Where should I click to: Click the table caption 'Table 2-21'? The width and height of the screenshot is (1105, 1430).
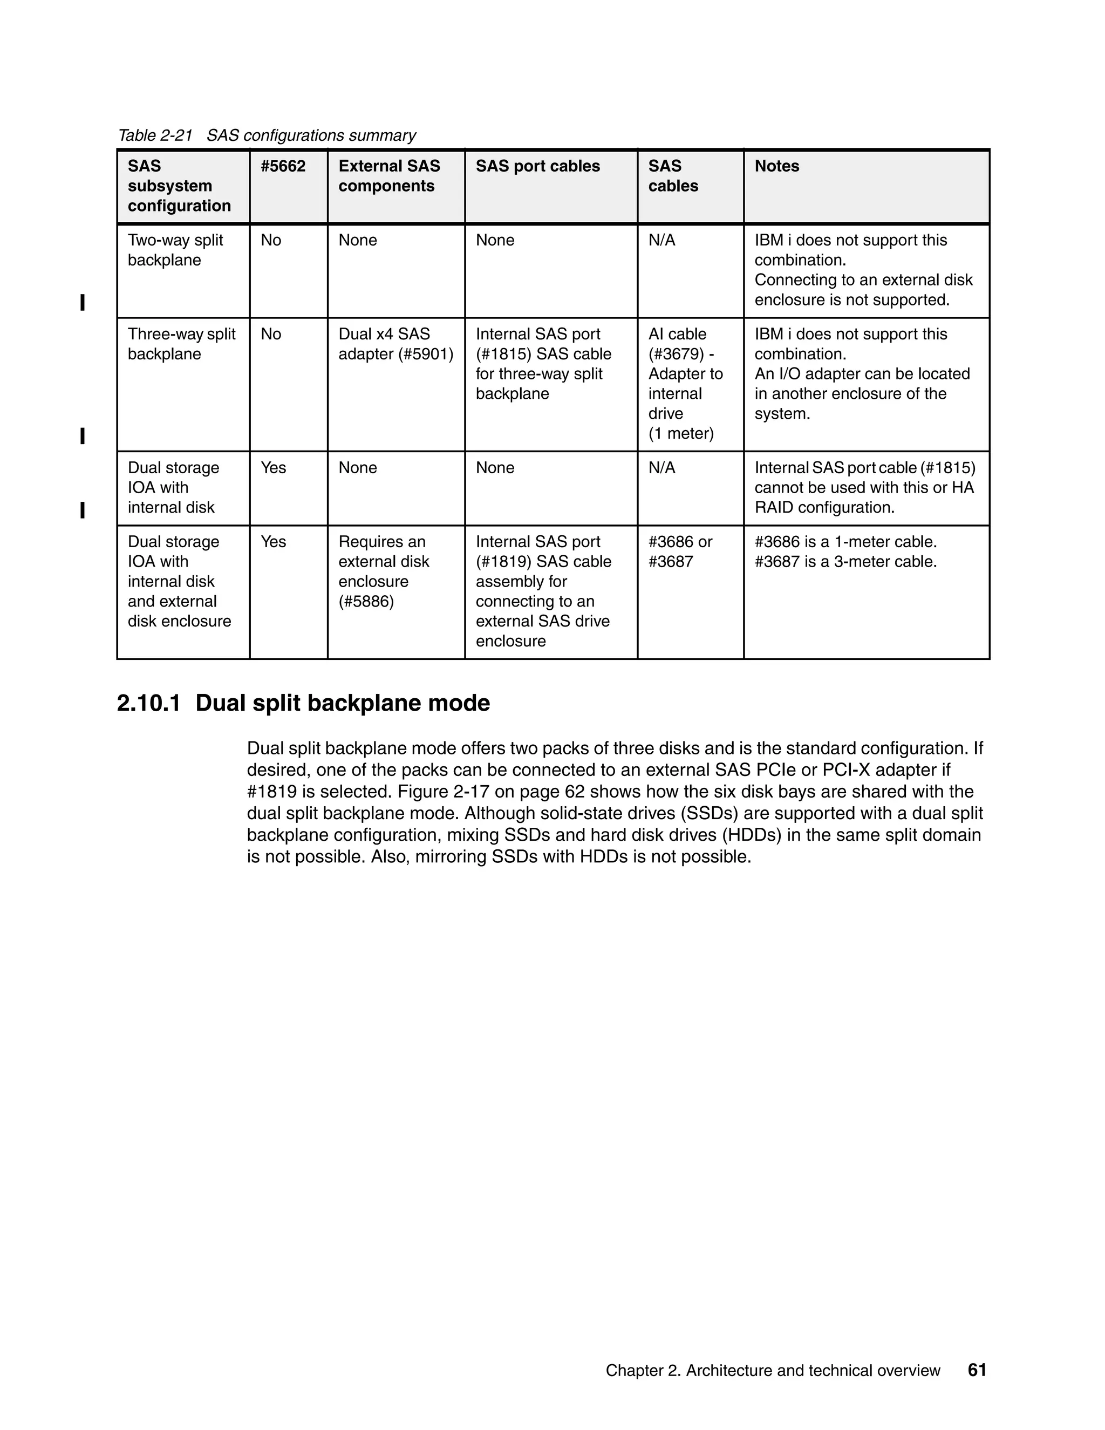155,135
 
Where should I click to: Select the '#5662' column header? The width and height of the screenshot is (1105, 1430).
283,166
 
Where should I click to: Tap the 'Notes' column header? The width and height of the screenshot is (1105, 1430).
776,166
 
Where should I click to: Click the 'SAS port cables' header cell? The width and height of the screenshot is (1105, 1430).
537,166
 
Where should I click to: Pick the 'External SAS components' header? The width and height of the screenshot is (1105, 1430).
389,176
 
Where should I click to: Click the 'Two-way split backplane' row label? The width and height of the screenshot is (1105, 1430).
175,250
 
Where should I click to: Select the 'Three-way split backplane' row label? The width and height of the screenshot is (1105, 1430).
181,344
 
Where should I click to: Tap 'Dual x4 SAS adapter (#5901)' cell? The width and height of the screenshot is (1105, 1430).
395,344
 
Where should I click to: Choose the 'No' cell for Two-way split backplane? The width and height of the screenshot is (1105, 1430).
270,240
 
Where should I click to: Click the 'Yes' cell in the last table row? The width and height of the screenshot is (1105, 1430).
273,542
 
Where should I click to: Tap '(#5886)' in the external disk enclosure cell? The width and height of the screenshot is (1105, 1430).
366,602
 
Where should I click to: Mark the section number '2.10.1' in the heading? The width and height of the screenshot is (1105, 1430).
148,703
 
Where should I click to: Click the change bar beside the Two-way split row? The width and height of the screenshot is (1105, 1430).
83,303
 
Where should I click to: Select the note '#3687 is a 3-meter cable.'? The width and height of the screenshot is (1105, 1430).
845,562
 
